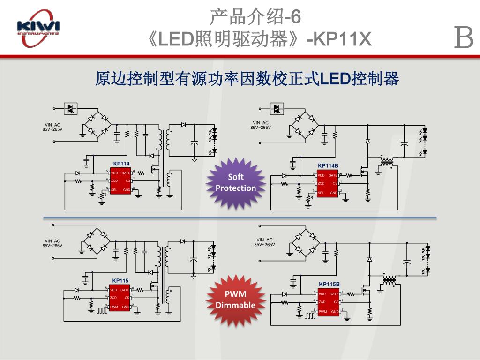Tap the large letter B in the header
[x=464, y=38]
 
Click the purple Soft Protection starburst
[x=235, y=183]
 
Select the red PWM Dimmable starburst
[x=235, y=300]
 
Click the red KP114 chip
[x=120, y=181]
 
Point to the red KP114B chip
[x=328, y=183]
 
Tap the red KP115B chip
[x=328, y=302]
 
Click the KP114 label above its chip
[x=121, y=164]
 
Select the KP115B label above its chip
[x=329, y=284]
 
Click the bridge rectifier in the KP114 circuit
[x=97, y=124]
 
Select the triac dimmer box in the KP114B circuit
[x=277, y=109]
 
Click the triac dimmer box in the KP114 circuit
[x=70, y=109]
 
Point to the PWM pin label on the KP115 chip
[x=113, y=307]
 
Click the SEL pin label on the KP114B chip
[x=321, y=193]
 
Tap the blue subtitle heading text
[x=247, y=79]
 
